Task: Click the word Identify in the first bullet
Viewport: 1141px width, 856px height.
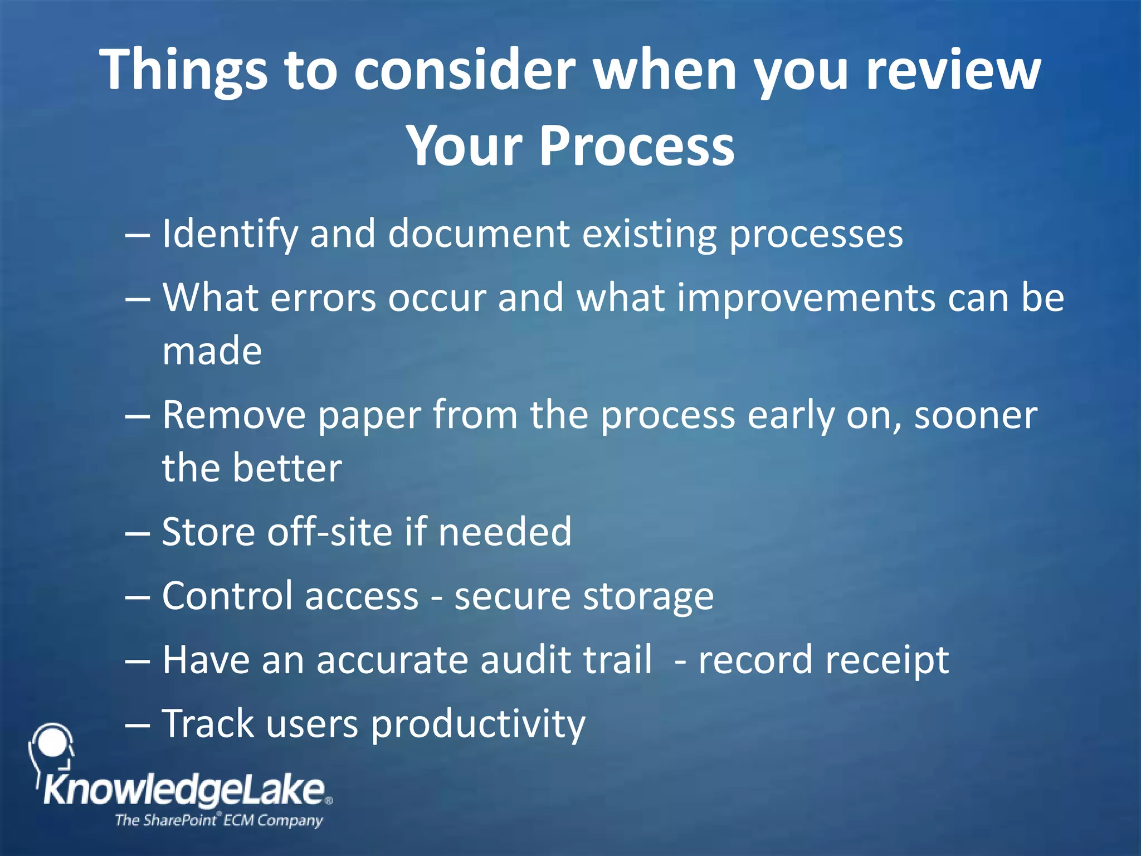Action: (230, 234)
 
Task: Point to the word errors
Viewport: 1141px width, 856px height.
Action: (323, 298)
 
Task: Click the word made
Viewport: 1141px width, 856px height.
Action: (212, 351)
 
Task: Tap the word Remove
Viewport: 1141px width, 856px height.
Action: (234, 415)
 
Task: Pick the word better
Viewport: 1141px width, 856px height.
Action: (287, 468)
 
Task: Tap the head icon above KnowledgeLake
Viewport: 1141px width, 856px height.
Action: (51, 747)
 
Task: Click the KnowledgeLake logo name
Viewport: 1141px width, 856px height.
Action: (184, 790)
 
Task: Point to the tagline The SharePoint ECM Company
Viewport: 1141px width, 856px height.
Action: (218, 820)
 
